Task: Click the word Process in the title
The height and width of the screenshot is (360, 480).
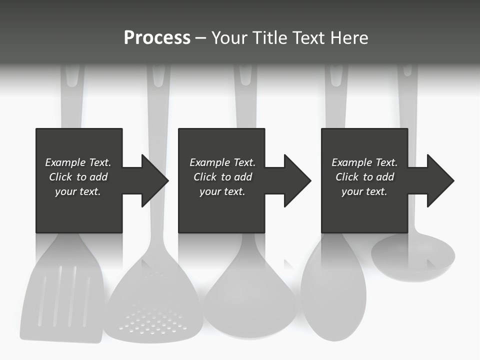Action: [157, 38]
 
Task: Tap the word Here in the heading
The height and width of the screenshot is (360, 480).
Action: [350, 38]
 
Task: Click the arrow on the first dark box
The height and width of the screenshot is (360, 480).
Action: [150, 180]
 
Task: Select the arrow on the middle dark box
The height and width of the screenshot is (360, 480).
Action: [293, 180]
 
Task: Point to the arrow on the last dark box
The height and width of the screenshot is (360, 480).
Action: [436, 180]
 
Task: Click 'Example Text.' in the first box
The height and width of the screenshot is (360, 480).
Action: [78, 162]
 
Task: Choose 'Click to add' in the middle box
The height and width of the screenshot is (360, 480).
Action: [222, 177]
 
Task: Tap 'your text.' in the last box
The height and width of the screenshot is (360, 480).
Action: [364, 191]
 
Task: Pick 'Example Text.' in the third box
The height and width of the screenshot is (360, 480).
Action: [364, 162]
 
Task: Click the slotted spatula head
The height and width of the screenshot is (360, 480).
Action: [62, 295]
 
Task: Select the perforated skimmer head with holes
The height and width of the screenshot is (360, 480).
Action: [152, 310]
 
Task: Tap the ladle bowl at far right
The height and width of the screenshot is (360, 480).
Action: [413, 257]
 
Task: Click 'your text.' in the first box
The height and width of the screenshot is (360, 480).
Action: [78, 191]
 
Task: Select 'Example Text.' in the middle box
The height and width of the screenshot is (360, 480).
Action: [222, 162]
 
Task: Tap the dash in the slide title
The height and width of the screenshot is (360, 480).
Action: [200, 38]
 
